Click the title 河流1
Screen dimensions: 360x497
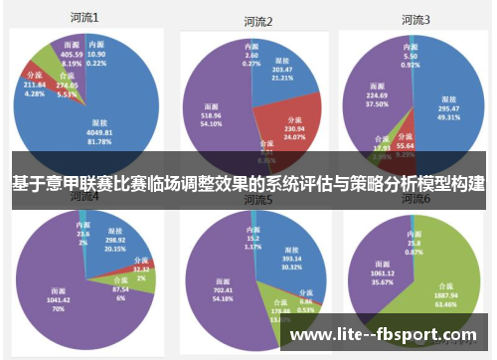pos(84,18)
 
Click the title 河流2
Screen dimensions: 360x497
pos(257,21)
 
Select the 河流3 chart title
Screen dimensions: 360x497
pos(414,19)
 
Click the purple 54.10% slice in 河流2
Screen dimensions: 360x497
pos(214,104)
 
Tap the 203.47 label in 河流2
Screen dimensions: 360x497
pos(281,71)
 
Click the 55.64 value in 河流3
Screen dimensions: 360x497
pos(405,146)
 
